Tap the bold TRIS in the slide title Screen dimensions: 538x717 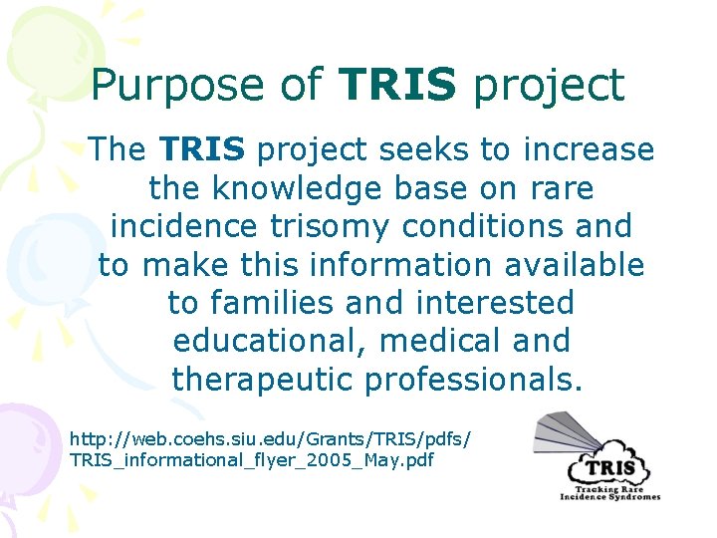[x=396, y=85]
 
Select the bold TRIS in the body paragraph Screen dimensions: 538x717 [x=201, y=149]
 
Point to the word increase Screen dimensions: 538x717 [x=587, y=149]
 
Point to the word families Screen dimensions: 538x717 [x=276, y=303]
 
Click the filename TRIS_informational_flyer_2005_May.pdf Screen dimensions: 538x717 [x=252, y=460]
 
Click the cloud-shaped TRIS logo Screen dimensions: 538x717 [x=608, y=467]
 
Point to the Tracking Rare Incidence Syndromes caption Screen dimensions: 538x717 [x=609, y=493]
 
